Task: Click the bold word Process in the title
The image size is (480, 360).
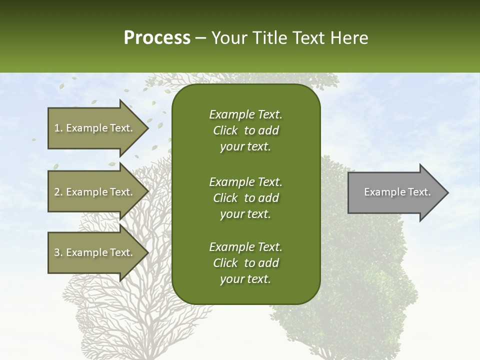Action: pos(157,38)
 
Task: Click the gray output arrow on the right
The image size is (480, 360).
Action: pos(395,192)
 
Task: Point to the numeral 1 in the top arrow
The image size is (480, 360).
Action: pos(57,128)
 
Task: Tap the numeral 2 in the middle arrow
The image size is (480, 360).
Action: pos(57,192)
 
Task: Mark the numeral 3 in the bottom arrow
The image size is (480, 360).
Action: pos(57,252)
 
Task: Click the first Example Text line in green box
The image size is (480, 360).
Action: pos(245,114)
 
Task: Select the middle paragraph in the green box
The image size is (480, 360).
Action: pos(245,198)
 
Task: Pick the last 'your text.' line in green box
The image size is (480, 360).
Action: pos(245,279)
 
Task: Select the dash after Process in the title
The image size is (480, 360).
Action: pos(200,38)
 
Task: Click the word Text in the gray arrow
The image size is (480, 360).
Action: pos(419,192)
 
